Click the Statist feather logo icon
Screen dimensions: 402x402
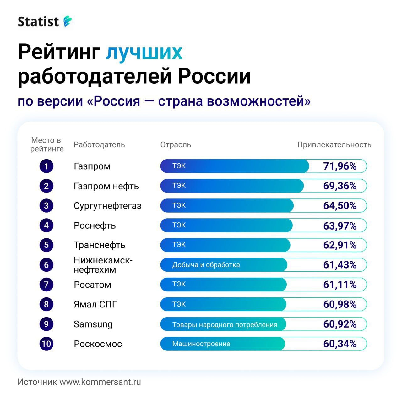click(68, 22)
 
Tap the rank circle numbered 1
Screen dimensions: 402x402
click(46, 166)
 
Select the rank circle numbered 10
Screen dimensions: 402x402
click(46, 344)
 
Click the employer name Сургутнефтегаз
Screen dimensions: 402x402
click(107, 206)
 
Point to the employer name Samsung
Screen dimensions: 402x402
click(93, 324)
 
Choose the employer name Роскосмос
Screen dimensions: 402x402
click(98, 344)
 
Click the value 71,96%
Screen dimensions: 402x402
click(340, 166)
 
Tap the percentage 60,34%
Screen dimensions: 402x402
click(340, 344)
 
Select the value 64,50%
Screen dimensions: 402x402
click(340, 206)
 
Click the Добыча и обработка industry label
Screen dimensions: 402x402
click(206, 265)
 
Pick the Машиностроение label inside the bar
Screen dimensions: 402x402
click(201, 344)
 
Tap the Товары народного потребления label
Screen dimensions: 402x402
click(225, 324)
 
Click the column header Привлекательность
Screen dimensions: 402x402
click(334, 145)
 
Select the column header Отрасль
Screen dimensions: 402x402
click(176, 145)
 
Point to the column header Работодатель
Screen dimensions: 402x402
click(99, 145)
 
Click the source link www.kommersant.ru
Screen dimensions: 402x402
click(100, 382)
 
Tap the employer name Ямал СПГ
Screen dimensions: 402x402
click(95, 304)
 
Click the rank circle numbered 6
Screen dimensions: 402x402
click(46, 265)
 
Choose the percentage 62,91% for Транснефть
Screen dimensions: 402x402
click(340, 245)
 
